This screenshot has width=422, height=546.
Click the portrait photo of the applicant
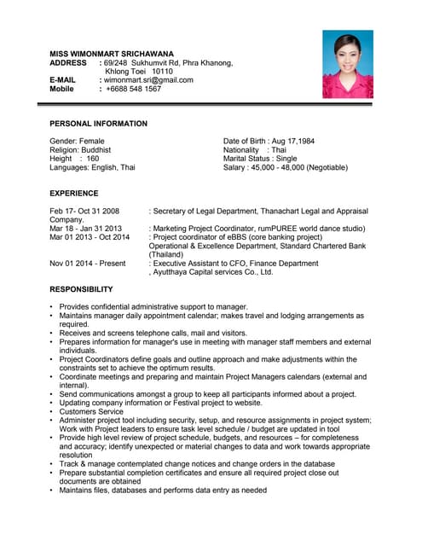click(347, 64)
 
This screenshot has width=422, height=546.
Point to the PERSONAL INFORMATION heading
click(98, 124)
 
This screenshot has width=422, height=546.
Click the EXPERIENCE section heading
click(78, 194)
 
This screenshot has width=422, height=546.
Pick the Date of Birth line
click(269, 140)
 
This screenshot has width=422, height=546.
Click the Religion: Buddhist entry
click(85, 149)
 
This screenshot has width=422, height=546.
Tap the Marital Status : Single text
click(260, 159)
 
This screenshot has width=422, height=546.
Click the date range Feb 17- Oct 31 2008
click(84, 211)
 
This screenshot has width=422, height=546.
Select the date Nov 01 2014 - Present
click(87, 264)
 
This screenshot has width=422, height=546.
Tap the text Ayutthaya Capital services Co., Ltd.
click(213, 273)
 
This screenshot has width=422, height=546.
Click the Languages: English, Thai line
click(92, 168)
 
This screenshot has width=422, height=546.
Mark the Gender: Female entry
click(78, 140)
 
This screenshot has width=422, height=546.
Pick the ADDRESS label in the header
click(68, 63)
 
